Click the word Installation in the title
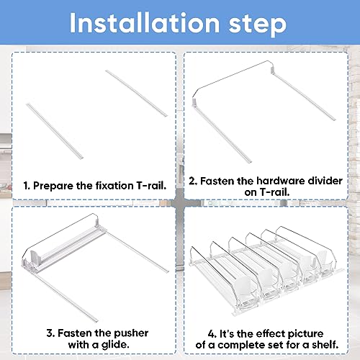(145, 23)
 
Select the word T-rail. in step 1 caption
(151, 186)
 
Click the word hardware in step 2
(281, 181)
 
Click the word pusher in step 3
(131, 333)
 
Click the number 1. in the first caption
(27, 186)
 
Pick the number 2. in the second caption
(193, 181)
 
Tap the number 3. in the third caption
(50, 333)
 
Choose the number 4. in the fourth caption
(212, 333)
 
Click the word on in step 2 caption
(251, 192)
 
